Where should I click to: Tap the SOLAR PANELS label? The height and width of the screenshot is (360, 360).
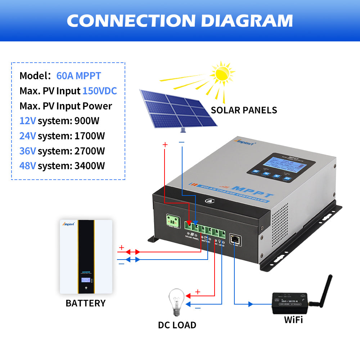coord(244,110)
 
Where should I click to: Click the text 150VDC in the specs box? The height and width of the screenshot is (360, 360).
coord(100,91)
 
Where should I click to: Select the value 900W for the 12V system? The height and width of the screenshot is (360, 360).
coord(86,121)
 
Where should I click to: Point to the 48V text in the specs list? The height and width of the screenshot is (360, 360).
coord(28,166)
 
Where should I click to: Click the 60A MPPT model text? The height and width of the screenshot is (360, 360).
coord(78,76)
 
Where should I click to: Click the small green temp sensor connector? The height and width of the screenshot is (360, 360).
coord(171,220)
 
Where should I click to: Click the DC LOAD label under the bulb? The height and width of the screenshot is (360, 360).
coord(177,325)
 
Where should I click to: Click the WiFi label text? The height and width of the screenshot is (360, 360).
coord(293,319)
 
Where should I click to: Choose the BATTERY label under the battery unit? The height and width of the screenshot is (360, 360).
coord(85,303)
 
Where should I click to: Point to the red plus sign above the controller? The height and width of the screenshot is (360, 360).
coord(165,145)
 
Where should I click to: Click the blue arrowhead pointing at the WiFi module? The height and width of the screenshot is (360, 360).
coord(251,304)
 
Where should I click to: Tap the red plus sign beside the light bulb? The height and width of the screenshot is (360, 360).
coord(197,292)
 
